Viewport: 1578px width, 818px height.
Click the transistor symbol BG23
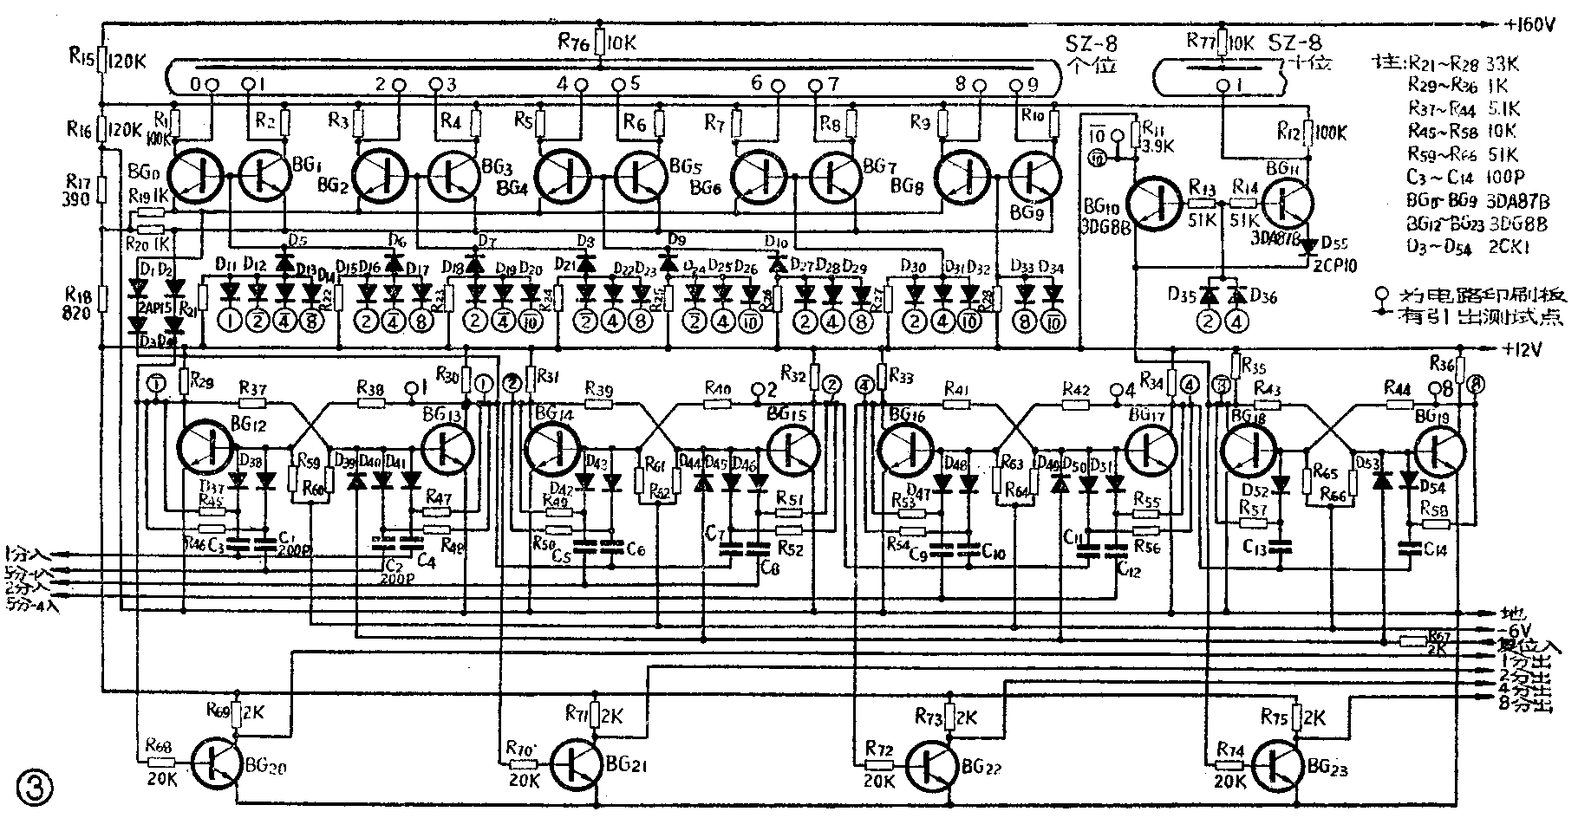(x=1279, y=763)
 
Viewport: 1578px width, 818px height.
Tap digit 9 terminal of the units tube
(x=1020, y=85)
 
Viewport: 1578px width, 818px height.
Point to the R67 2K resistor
(x=1415, y=640)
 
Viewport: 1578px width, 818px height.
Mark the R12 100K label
(x=1313, y=133)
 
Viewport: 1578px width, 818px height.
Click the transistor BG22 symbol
(x=932, y=763)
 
